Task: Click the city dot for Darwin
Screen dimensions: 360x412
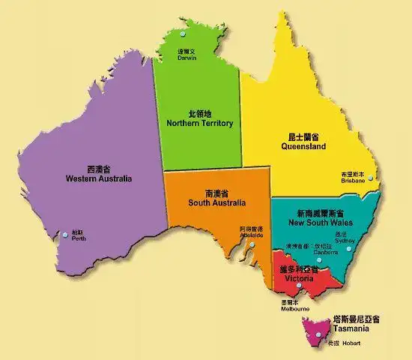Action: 184,34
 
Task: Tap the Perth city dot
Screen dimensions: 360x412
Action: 66,234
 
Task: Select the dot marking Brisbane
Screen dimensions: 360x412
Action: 369,178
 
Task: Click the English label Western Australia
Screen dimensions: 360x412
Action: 98,179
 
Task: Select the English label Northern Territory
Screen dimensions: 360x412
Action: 200,123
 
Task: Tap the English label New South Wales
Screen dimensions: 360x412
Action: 320,223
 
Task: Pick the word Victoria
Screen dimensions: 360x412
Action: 298,277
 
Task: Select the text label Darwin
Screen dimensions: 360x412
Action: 187,58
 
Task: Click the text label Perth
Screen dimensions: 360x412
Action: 79,238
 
